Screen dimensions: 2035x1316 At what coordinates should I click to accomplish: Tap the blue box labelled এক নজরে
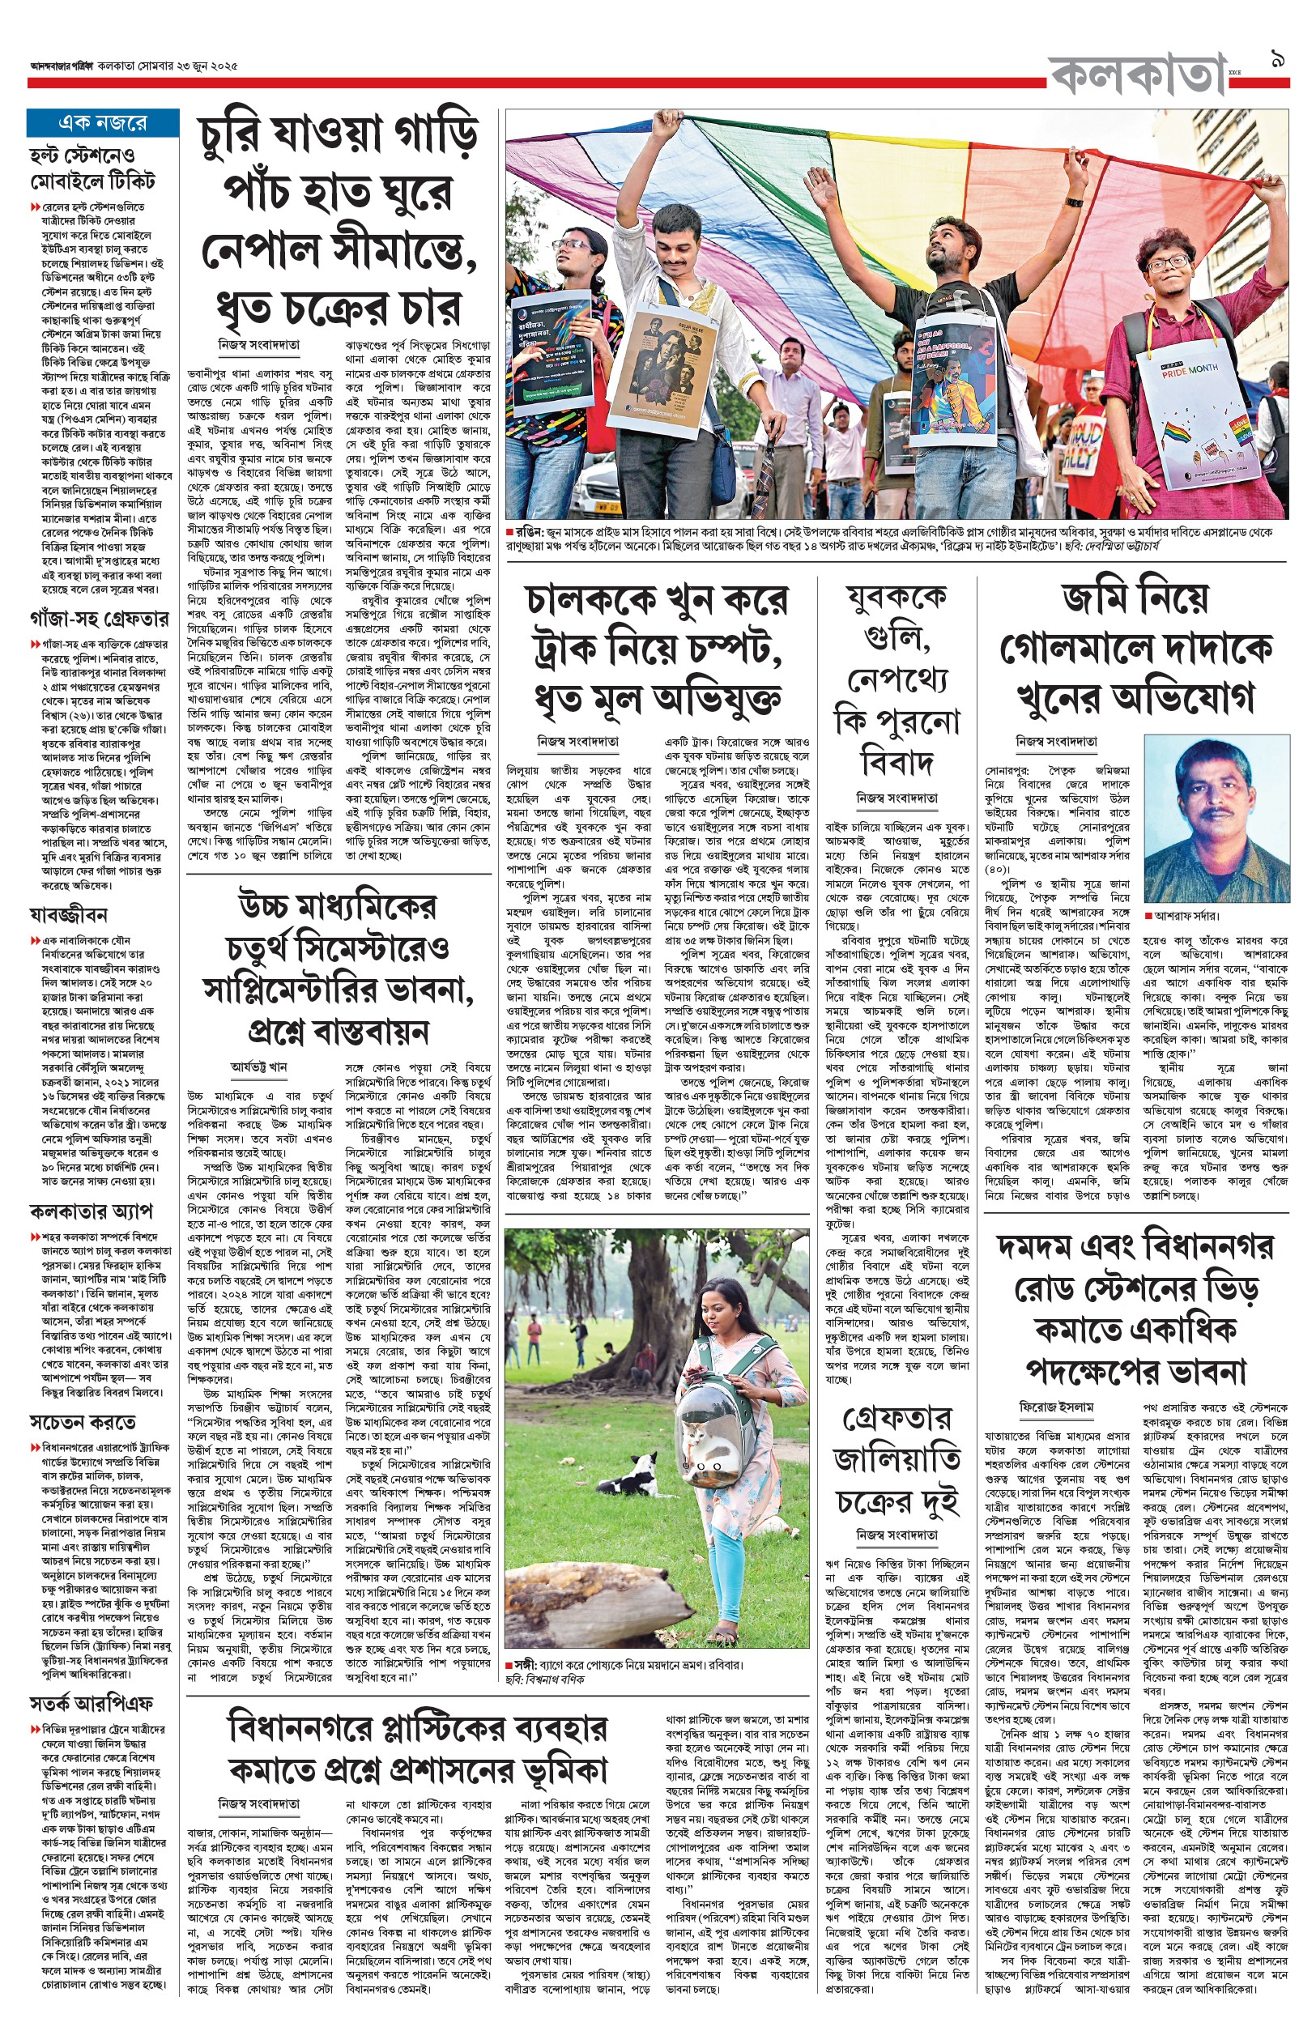(x=103, y=123)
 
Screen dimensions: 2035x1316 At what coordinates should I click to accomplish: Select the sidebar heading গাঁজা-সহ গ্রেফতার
(x=99, y=618)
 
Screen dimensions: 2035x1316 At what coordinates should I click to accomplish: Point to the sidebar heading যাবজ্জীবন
(x=68, y=915)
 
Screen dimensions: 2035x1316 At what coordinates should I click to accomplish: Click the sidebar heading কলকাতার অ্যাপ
(x=91, y=1211)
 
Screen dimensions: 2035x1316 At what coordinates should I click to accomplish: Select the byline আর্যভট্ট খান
(x=258, y=1067)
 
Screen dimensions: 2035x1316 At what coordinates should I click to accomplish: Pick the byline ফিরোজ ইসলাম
(x=1056, y=1407)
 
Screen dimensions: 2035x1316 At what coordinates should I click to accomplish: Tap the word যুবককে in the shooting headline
(x=896, y=599)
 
